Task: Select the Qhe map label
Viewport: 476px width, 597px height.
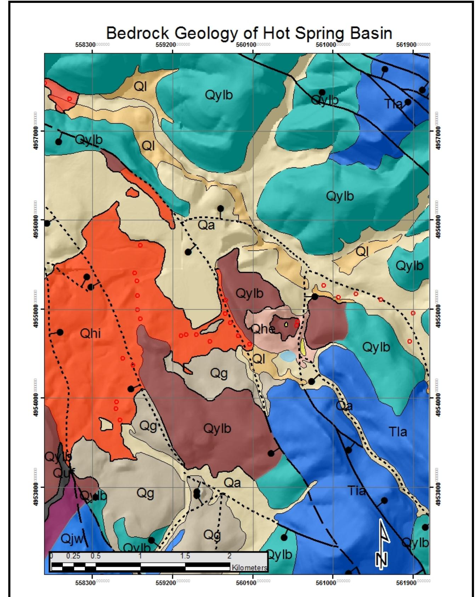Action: point(262,329)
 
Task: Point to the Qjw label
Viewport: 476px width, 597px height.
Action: point(72,539)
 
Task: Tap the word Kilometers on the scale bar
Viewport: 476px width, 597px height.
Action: point(249,568)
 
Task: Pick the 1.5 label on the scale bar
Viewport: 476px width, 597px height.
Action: point(185,556)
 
